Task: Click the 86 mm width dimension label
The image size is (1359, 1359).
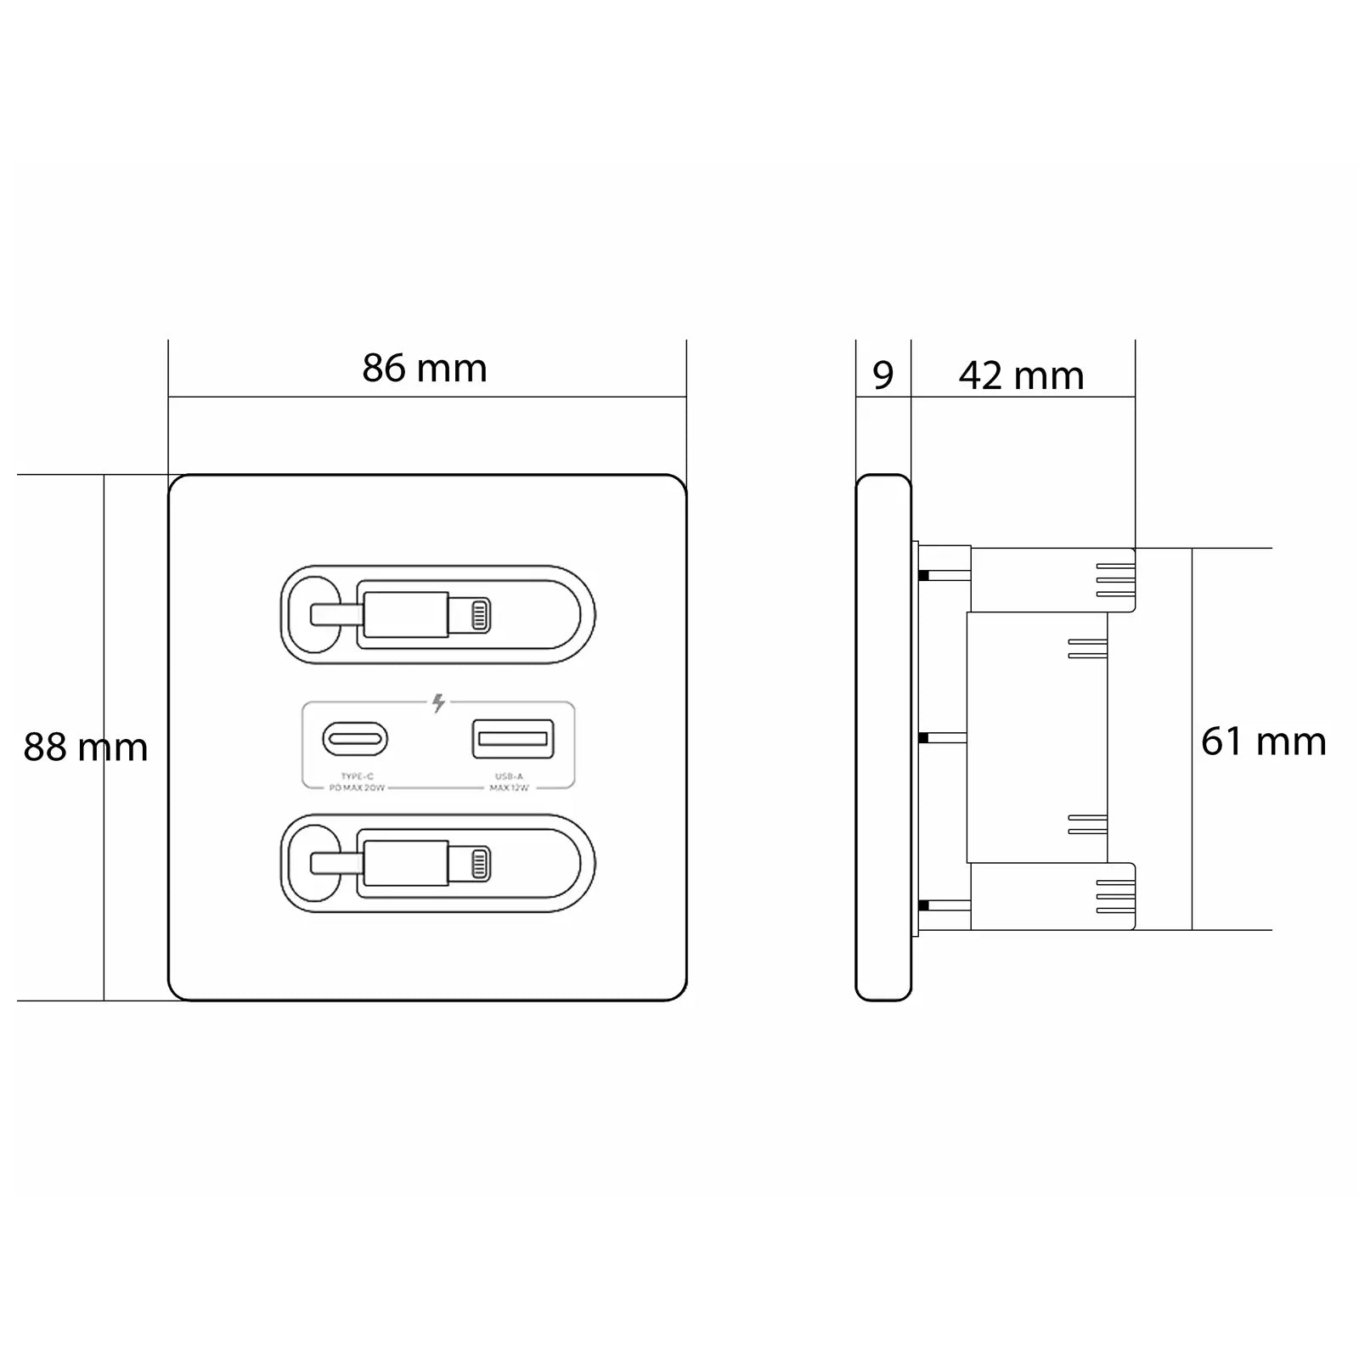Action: point(425,369)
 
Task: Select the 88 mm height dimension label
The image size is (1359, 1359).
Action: point(85,747)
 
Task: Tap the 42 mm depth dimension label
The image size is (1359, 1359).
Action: point(1021,375)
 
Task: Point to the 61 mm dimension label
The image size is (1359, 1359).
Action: point(1263,742)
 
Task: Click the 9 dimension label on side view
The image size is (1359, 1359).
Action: point(883,375)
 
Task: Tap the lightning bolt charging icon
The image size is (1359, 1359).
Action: point(438,703)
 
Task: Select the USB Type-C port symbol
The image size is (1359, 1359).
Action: point(355,739)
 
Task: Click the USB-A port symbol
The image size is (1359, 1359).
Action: point(513,738)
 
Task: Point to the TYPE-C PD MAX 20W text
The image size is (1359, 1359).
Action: point(357,782)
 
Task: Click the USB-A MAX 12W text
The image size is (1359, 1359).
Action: point(509,782)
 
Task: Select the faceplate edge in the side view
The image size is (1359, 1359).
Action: point(883,737)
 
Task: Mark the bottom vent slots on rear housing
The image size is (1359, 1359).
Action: point(1116,896)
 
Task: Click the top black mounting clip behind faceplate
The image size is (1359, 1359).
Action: point(924,576)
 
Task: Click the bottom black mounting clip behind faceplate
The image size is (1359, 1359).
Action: point(924,906)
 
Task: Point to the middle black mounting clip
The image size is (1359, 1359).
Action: point(924,738)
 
